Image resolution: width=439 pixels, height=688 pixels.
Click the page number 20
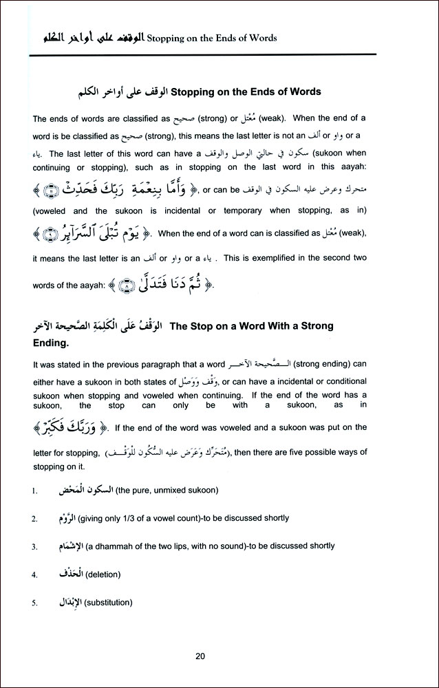pos(200,656)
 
